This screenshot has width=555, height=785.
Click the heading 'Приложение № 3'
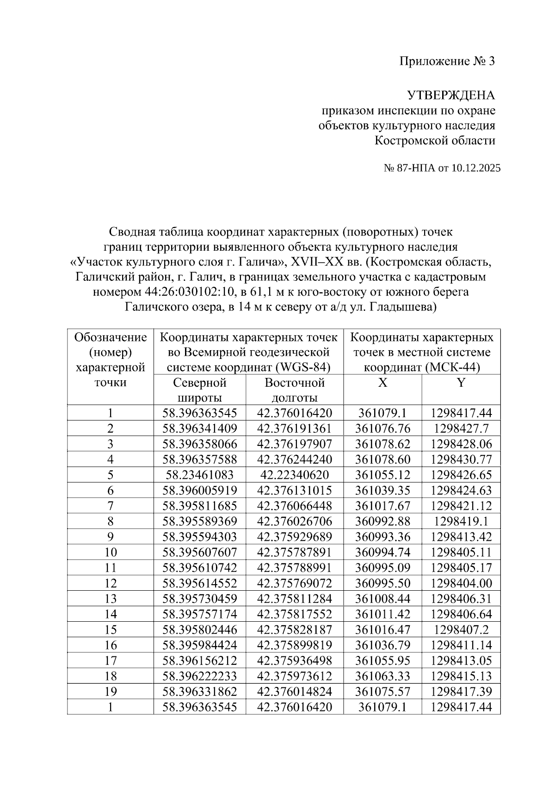pyautogui.click(x=447, y=62)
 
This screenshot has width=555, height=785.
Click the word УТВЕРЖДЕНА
pyautogui.click(x=450, y=96)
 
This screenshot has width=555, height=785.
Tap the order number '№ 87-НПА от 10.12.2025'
pyautogui.click(x=442, y=168)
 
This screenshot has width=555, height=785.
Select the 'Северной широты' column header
pyautogui.click(x=199, y=390)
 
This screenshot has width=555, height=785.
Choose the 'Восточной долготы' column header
pyautogui.click(x=294, y=390)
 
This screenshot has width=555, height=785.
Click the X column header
pyautogui.click(x=382, y=383)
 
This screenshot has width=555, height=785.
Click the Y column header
pyautogui.click(x=461, y=383)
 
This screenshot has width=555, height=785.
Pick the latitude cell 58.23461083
pyautogui.click(x=199, y=475)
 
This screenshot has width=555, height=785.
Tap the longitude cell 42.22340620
pyautogui.click(x=294, y=475)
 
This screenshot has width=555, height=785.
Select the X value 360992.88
pyautogui.click(x=382, y=521)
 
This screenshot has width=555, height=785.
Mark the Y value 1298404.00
pyautogui.click(x=461, y=583)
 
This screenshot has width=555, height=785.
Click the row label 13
pyautogui.click(x=111, y=599)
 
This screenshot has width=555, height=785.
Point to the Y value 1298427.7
pyautogui.click(x=461, y=428)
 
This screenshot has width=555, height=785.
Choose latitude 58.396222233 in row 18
pyautogui.click(x=199, y=676)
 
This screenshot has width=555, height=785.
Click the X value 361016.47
pyautogui.click(x=382, y=630)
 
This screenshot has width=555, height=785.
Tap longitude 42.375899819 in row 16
pyautogui.click(x=294, y=645)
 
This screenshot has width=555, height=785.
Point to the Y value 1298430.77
pyautogui.click(x=461, y=459)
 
